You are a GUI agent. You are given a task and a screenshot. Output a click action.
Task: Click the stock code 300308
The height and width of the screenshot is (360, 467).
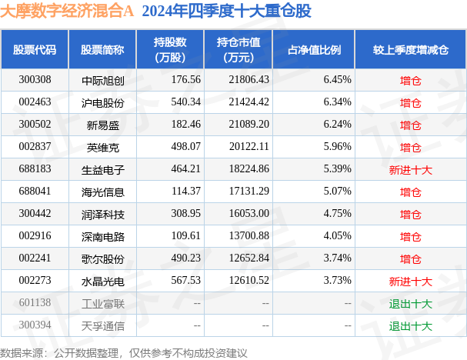[x=35, y=79]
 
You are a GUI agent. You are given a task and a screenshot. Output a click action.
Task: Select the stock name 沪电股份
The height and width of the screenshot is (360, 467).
[x=103, y=103]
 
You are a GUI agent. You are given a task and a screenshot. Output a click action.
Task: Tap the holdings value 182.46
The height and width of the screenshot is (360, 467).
[x=186, y=124]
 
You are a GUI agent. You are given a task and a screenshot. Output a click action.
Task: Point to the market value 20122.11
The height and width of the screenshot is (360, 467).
[x=249, y=146]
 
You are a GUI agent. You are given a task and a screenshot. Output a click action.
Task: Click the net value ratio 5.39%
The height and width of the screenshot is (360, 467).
[x=338, y=168]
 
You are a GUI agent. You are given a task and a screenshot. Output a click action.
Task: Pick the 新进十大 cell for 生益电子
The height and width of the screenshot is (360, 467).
[x=410, y=170]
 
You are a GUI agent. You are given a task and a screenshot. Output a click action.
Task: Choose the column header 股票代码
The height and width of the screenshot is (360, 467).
[x=35, y=50]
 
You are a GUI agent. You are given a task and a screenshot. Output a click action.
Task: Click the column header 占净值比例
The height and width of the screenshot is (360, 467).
[x=314, y=50]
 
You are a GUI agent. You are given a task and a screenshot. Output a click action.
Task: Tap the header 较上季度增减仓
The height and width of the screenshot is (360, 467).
[x=411, y=50]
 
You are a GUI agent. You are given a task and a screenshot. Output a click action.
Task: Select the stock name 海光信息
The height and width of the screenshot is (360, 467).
[x=103, y=192]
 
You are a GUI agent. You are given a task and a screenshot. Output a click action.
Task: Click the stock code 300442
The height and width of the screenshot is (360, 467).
[x=35, y=214]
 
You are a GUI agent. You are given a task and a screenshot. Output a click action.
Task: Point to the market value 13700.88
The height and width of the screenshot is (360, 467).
[x=249, y=236]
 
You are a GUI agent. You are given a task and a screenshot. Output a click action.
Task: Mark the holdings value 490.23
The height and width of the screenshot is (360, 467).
[x=186, y=258]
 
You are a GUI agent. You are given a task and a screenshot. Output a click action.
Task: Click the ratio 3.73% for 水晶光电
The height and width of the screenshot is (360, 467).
[x=338, y=281]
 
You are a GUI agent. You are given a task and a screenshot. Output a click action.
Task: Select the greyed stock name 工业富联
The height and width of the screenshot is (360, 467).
[x=103, y=304]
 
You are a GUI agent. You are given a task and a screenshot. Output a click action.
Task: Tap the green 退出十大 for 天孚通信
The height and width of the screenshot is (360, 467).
[x=410, y=326]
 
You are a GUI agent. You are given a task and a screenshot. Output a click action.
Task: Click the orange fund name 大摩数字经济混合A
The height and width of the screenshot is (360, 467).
[x=67, y=11]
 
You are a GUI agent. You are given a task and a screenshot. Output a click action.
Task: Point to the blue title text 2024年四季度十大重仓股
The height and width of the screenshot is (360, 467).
[x=227, y=11]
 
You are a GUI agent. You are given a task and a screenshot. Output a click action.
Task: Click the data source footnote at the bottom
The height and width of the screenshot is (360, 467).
[x=124, y=353]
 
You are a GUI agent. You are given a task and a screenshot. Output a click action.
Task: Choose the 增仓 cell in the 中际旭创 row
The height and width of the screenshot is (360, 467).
[x=410, y=81]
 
